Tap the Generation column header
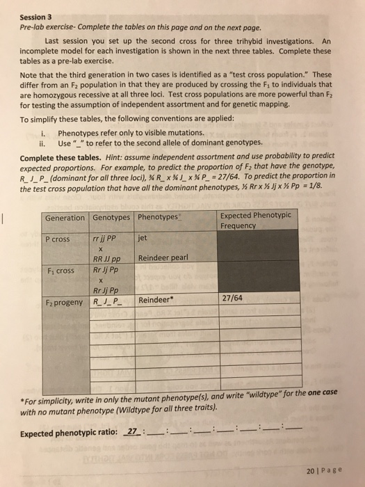[x=65, y=218]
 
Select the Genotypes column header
[x=111, y=218]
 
